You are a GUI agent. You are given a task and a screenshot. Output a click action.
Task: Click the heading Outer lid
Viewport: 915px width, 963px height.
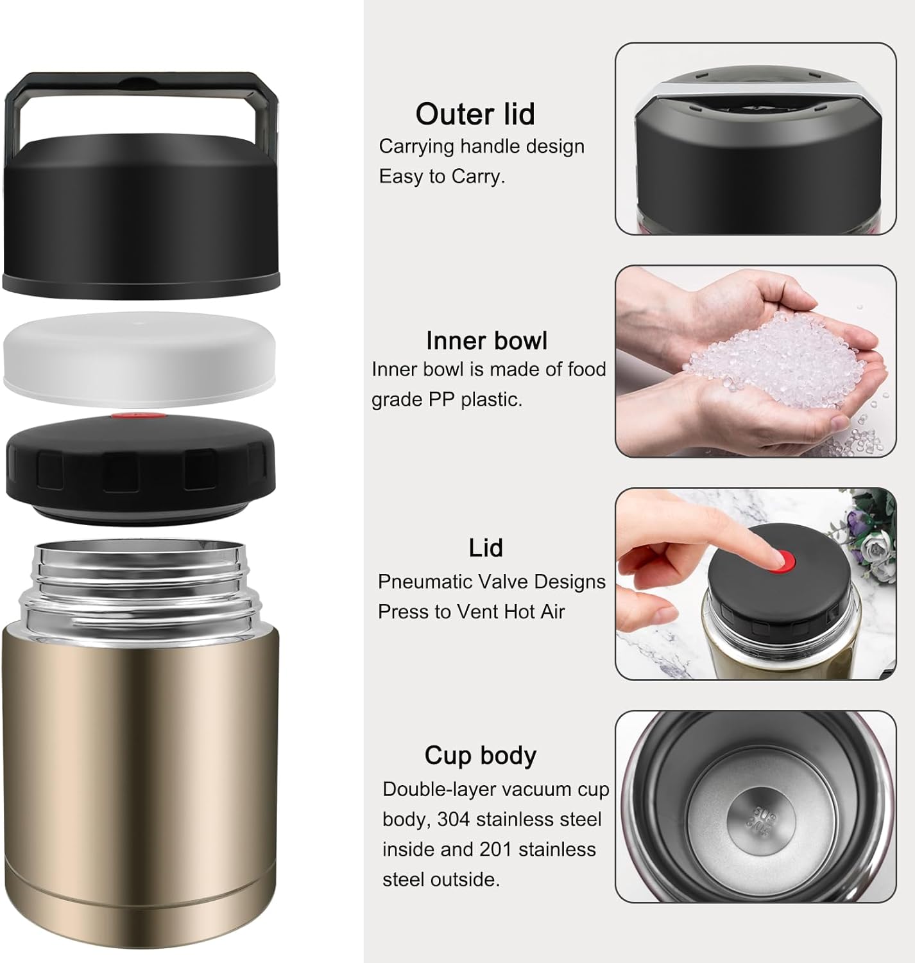pyautogui.click(x=475, y=114)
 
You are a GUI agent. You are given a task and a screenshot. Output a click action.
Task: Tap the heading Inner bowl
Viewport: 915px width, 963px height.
pyautogui.click(x=486, y=341)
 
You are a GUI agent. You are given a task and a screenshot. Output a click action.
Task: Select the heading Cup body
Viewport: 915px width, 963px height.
pyautogui.click(x=480, y=756)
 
